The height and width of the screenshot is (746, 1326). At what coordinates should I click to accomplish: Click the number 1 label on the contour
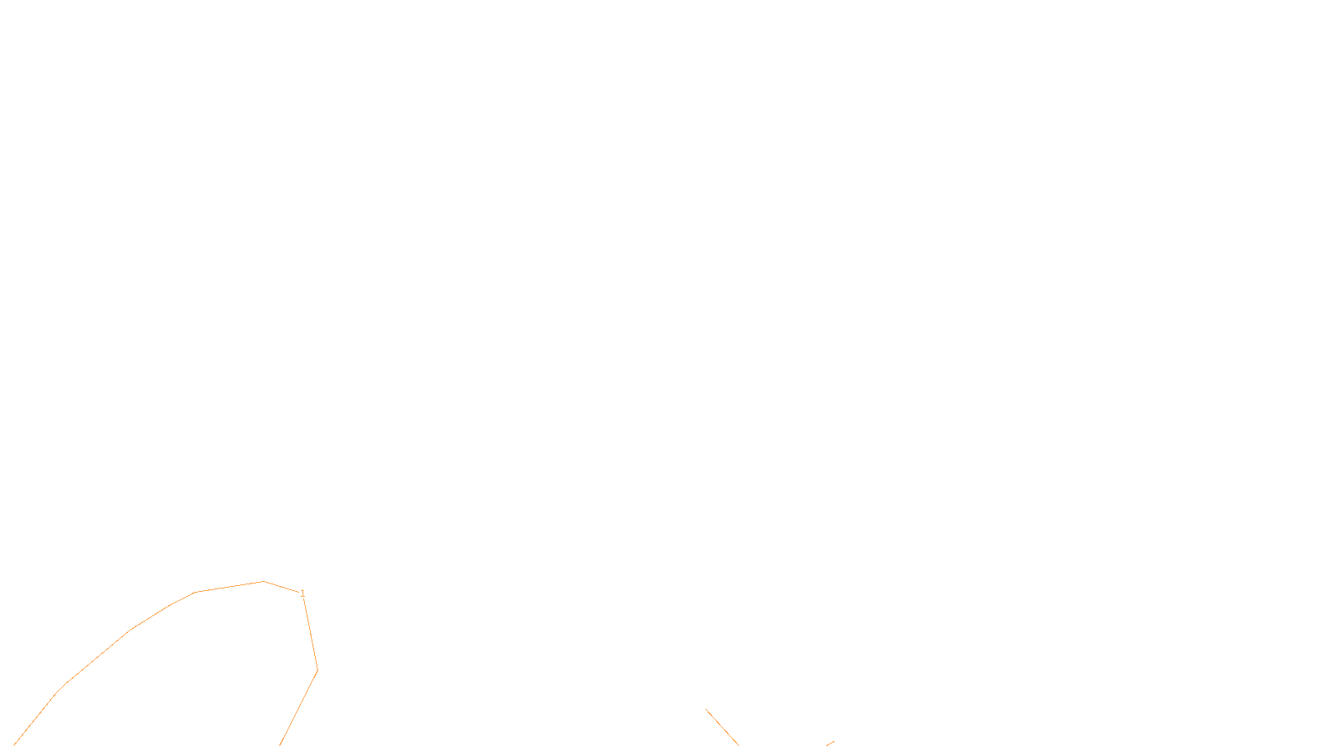click(302, 593)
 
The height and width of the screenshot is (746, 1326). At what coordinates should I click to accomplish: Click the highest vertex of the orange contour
click(264, 582)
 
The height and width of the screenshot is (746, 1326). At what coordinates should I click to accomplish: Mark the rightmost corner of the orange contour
click(317, 670)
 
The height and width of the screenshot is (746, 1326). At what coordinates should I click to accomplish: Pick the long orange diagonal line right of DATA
click(722, 727)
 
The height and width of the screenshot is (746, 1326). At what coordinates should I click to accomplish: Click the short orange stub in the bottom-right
click(830, 744)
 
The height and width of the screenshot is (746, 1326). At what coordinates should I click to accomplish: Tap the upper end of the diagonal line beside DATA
click(707, 710)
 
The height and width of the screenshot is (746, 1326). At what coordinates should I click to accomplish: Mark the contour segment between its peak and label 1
click(282, 587)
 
